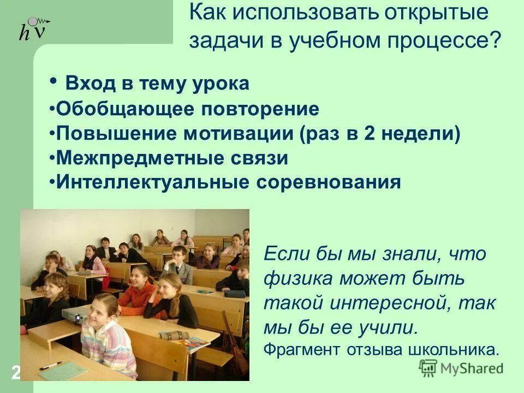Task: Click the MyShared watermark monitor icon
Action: coord(429,368)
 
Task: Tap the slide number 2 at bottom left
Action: coord(15,373)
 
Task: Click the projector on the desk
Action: coord(73,315)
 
